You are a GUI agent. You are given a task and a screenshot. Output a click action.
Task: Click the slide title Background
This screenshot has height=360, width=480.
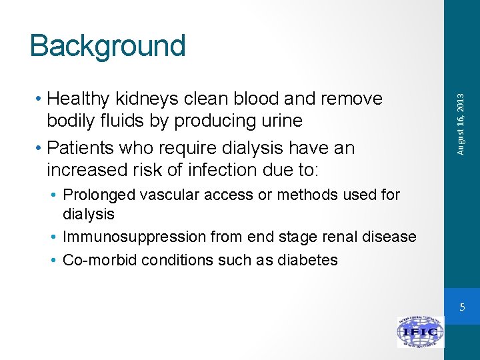(107, 46)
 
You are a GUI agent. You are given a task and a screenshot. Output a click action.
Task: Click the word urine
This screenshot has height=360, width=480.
(280, 121)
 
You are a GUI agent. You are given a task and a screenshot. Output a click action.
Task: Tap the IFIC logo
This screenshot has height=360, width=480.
(420, 331)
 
